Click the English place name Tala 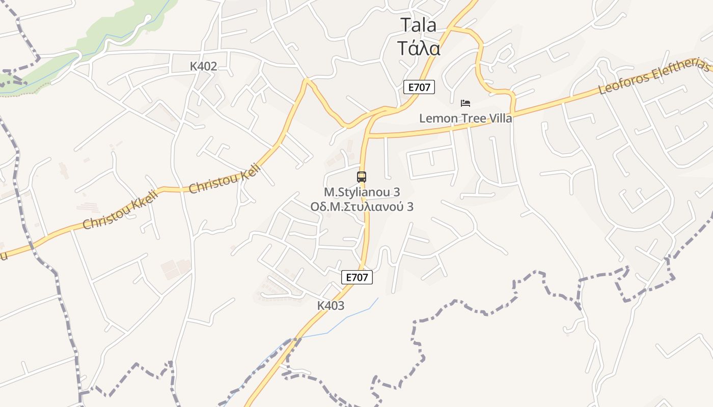click(418, 25)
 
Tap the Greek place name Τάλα click(418, 48)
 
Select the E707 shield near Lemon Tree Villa click(419, 87)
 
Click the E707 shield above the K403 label click(357, 277)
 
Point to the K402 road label click(203, 66)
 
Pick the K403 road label click(331, 306)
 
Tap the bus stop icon click(362, 177)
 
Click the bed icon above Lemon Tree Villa click(465, 103)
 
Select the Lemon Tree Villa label click(465, 119)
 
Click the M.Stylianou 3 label click(362, 192)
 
